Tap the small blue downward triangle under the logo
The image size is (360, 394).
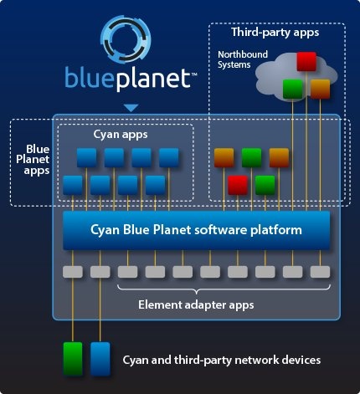click(131, 108)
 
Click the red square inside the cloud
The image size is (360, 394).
click(306, 61)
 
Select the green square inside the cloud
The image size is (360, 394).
click(293, 89)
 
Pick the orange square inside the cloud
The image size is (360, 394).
click(320, 89)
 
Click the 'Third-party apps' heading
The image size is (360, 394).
click(275, 33)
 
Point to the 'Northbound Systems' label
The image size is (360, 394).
click(243, 59)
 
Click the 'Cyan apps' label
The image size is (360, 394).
click(121, 135)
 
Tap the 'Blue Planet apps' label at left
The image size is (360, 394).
click(33, 160)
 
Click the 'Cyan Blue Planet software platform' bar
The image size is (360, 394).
click(197, 230)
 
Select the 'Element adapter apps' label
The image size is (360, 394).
click(196, 304)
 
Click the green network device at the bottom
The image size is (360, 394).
click(73, 359)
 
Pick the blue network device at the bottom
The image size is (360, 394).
click(100, 359)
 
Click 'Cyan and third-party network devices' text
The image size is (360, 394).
click(222, 360)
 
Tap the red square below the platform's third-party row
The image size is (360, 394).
click(238, 185)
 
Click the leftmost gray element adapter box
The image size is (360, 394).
click(73, 272)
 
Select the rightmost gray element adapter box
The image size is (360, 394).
click(321, 272)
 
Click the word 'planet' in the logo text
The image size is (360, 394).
click(153, 79)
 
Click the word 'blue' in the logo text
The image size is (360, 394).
click(90, 77)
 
